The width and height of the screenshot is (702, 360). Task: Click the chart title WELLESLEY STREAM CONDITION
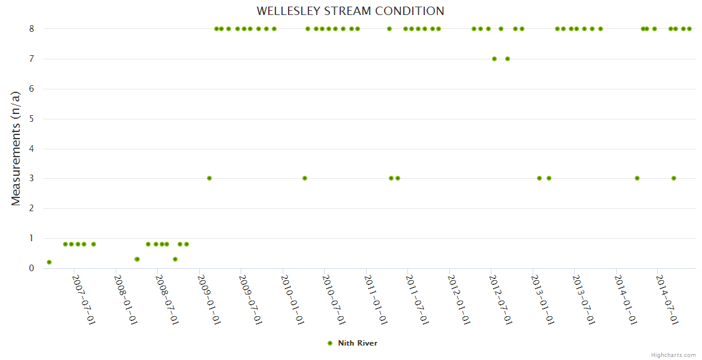(350, 11)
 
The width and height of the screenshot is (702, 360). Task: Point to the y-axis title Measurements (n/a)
(16, 148)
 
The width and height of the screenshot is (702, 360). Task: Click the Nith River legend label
(358, 343)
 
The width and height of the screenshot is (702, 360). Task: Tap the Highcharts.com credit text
(673, 355)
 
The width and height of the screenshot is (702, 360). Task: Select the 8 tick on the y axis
(31, 29)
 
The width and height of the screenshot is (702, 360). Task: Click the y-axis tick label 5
(31, 119)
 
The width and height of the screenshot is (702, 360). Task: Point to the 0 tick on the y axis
(31, 268)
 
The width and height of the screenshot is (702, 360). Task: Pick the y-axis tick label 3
(31, 178)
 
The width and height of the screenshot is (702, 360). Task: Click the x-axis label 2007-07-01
(83, 299)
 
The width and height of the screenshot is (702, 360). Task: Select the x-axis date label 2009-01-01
(209, 299)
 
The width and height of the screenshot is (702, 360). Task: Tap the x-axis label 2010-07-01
(334, 299)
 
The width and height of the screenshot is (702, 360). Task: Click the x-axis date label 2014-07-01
(667, 299)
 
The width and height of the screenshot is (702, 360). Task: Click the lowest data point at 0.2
(49, 262)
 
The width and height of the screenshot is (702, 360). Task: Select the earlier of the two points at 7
(494, 59)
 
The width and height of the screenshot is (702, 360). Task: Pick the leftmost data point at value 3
(209, 178)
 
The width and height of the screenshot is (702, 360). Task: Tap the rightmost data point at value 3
(674, 178)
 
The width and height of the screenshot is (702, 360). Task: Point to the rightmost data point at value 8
(689, 29)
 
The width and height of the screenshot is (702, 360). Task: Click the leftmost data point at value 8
(216, 29)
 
